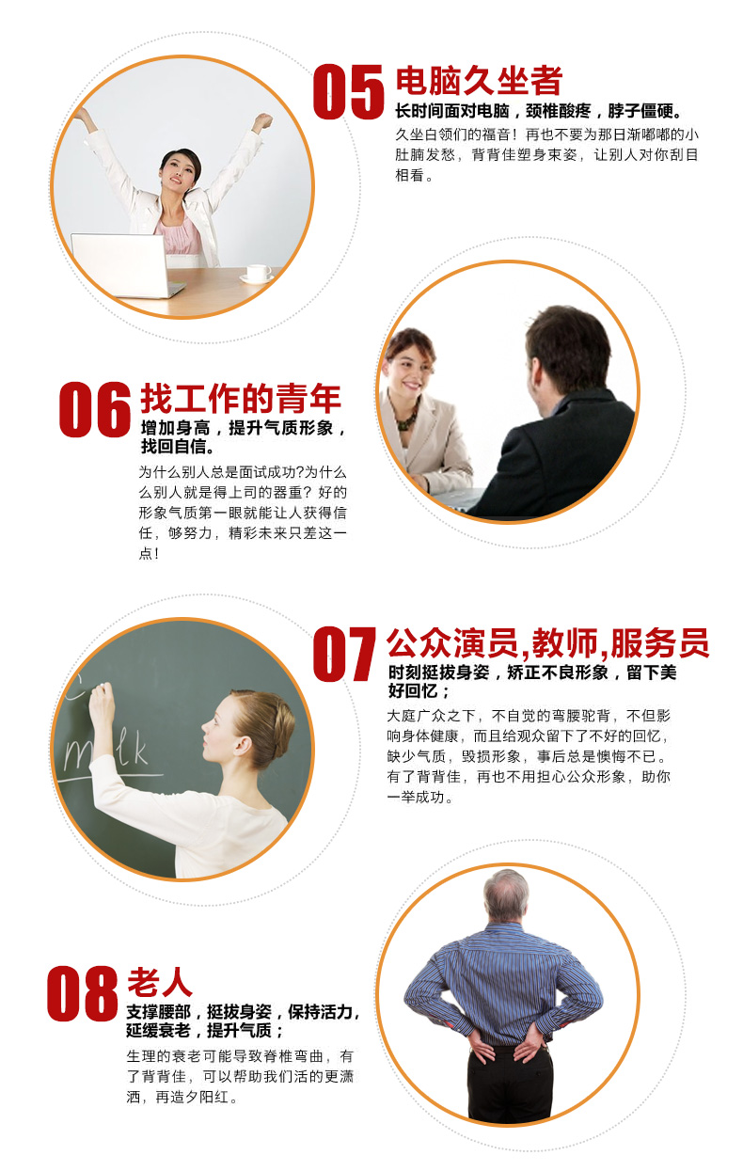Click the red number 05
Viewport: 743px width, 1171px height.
click(x=349, y=91)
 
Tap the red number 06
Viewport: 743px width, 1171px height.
click(x=95, y=409)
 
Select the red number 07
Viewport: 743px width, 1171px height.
click(x=344, y=654)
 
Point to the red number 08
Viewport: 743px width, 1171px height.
click(x=82, y=993)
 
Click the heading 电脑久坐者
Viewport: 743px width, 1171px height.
click(x=479, y=81)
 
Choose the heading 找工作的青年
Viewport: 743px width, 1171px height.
click(x=241, y=399)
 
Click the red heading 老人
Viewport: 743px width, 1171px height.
click(x=160, y=982)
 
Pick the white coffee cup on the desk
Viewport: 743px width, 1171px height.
click(x=258, y=274)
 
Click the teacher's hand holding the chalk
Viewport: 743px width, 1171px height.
click(x=102, y=700)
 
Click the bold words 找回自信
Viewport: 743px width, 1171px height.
click(x=175, y=447)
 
